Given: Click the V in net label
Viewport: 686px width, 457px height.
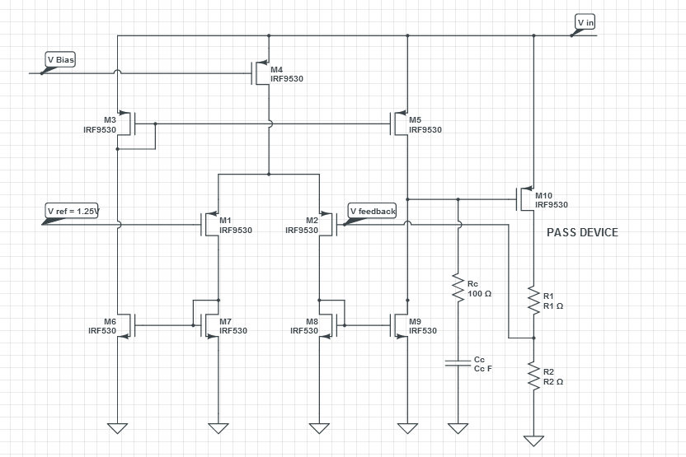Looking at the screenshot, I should [585, 22].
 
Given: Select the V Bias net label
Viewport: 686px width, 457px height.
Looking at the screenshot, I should [60, 60].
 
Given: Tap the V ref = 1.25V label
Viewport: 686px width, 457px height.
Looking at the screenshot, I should [73, 212].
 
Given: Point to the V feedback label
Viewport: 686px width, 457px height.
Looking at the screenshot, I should [373, 212].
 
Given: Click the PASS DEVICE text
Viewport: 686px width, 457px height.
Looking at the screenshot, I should [582, 233].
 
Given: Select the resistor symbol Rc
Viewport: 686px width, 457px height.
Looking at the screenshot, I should [456, 287].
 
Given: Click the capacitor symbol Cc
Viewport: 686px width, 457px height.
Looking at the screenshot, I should [456, 363].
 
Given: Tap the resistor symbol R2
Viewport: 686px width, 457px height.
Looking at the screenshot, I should [533, 376].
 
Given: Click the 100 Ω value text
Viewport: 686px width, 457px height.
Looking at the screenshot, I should [480, 294].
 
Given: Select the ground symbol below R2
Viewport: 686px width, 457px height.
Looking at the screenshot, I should [533, 440].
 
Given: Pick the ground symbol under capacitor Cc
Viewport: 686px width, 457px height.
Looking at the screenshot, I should [456, 427].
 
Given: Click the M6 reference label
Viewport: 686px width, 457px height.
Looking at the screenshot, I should [110, 320].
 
